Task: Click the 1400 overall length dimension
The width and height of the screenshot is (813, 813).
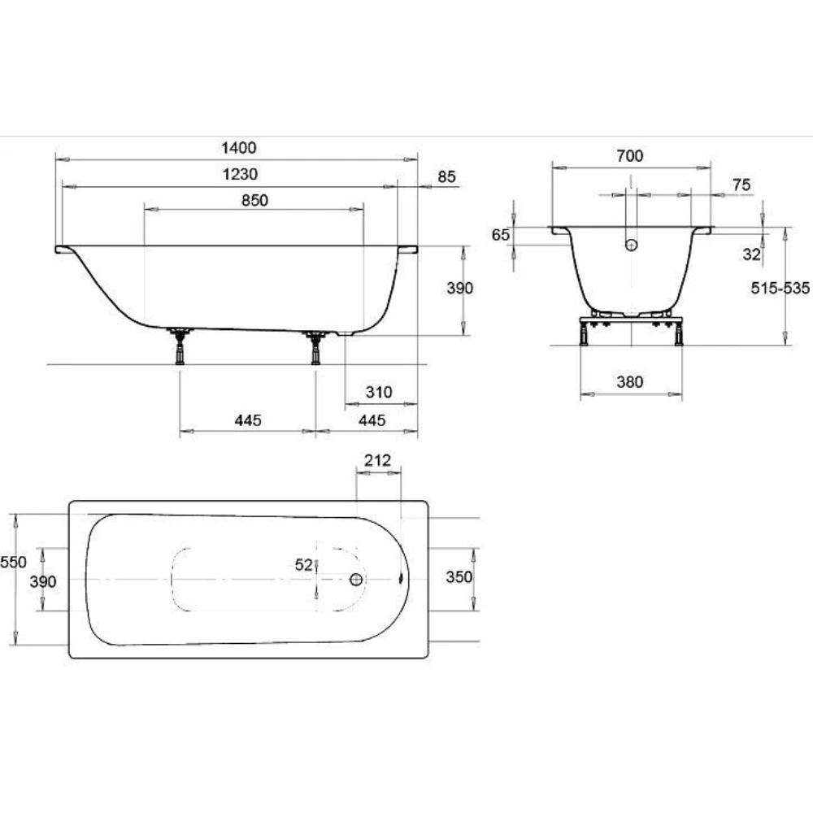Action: (x=238, y=148)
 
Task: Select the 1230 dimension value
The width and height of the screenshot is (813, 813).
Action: (x=240, y=174)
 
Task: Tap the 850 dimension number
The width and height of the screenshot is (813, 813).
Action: (x=254, y=200)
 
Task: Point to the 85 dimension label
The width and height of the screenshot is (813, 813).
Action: (x=446, y=176)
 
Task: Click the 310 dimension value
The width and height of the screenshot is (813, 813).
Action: (x=379, y=392)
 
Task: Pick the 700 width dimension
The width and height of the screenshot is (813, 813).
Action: (x=629, y=155)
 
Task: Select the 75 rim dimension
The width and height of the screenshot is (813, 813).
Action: (x=741, y=185)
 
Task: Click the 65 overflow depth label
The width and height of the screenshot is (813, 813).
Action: (x=500, y=235)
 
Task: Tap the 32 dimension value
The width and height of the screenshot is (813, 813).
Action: (x=751, y=254)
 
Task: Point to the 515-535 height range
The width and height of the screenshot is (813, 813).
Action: (x=780, y=288)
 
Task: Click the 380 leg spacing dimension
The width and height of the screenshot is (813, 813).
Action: (x=629, y=382)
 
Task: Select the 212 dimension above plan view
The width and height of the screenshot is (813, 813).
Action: (x=377, y=460)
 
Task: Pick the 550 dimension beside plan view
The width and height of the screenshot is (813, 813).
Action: (x=13, y=562)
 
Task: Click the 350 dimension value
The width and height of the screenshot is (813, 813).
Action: (x=459, y=576)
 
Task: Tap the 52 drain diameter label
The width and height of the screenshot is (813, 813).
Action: (x=304, y=565)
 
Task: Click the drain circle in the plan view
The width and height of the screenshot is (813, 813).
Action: (x=356, y=579)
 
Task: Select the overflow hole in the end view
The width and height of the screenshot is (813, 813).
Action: (x=631, y=245)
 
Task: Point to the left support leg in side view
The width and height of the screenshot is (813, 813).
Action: (x=180, y=346)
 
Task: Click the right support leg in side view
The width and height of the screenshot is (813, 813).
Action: (x=315, y=348)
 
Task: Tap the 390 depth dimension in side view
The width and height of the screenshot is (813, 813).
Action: (x=459, y=289)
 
